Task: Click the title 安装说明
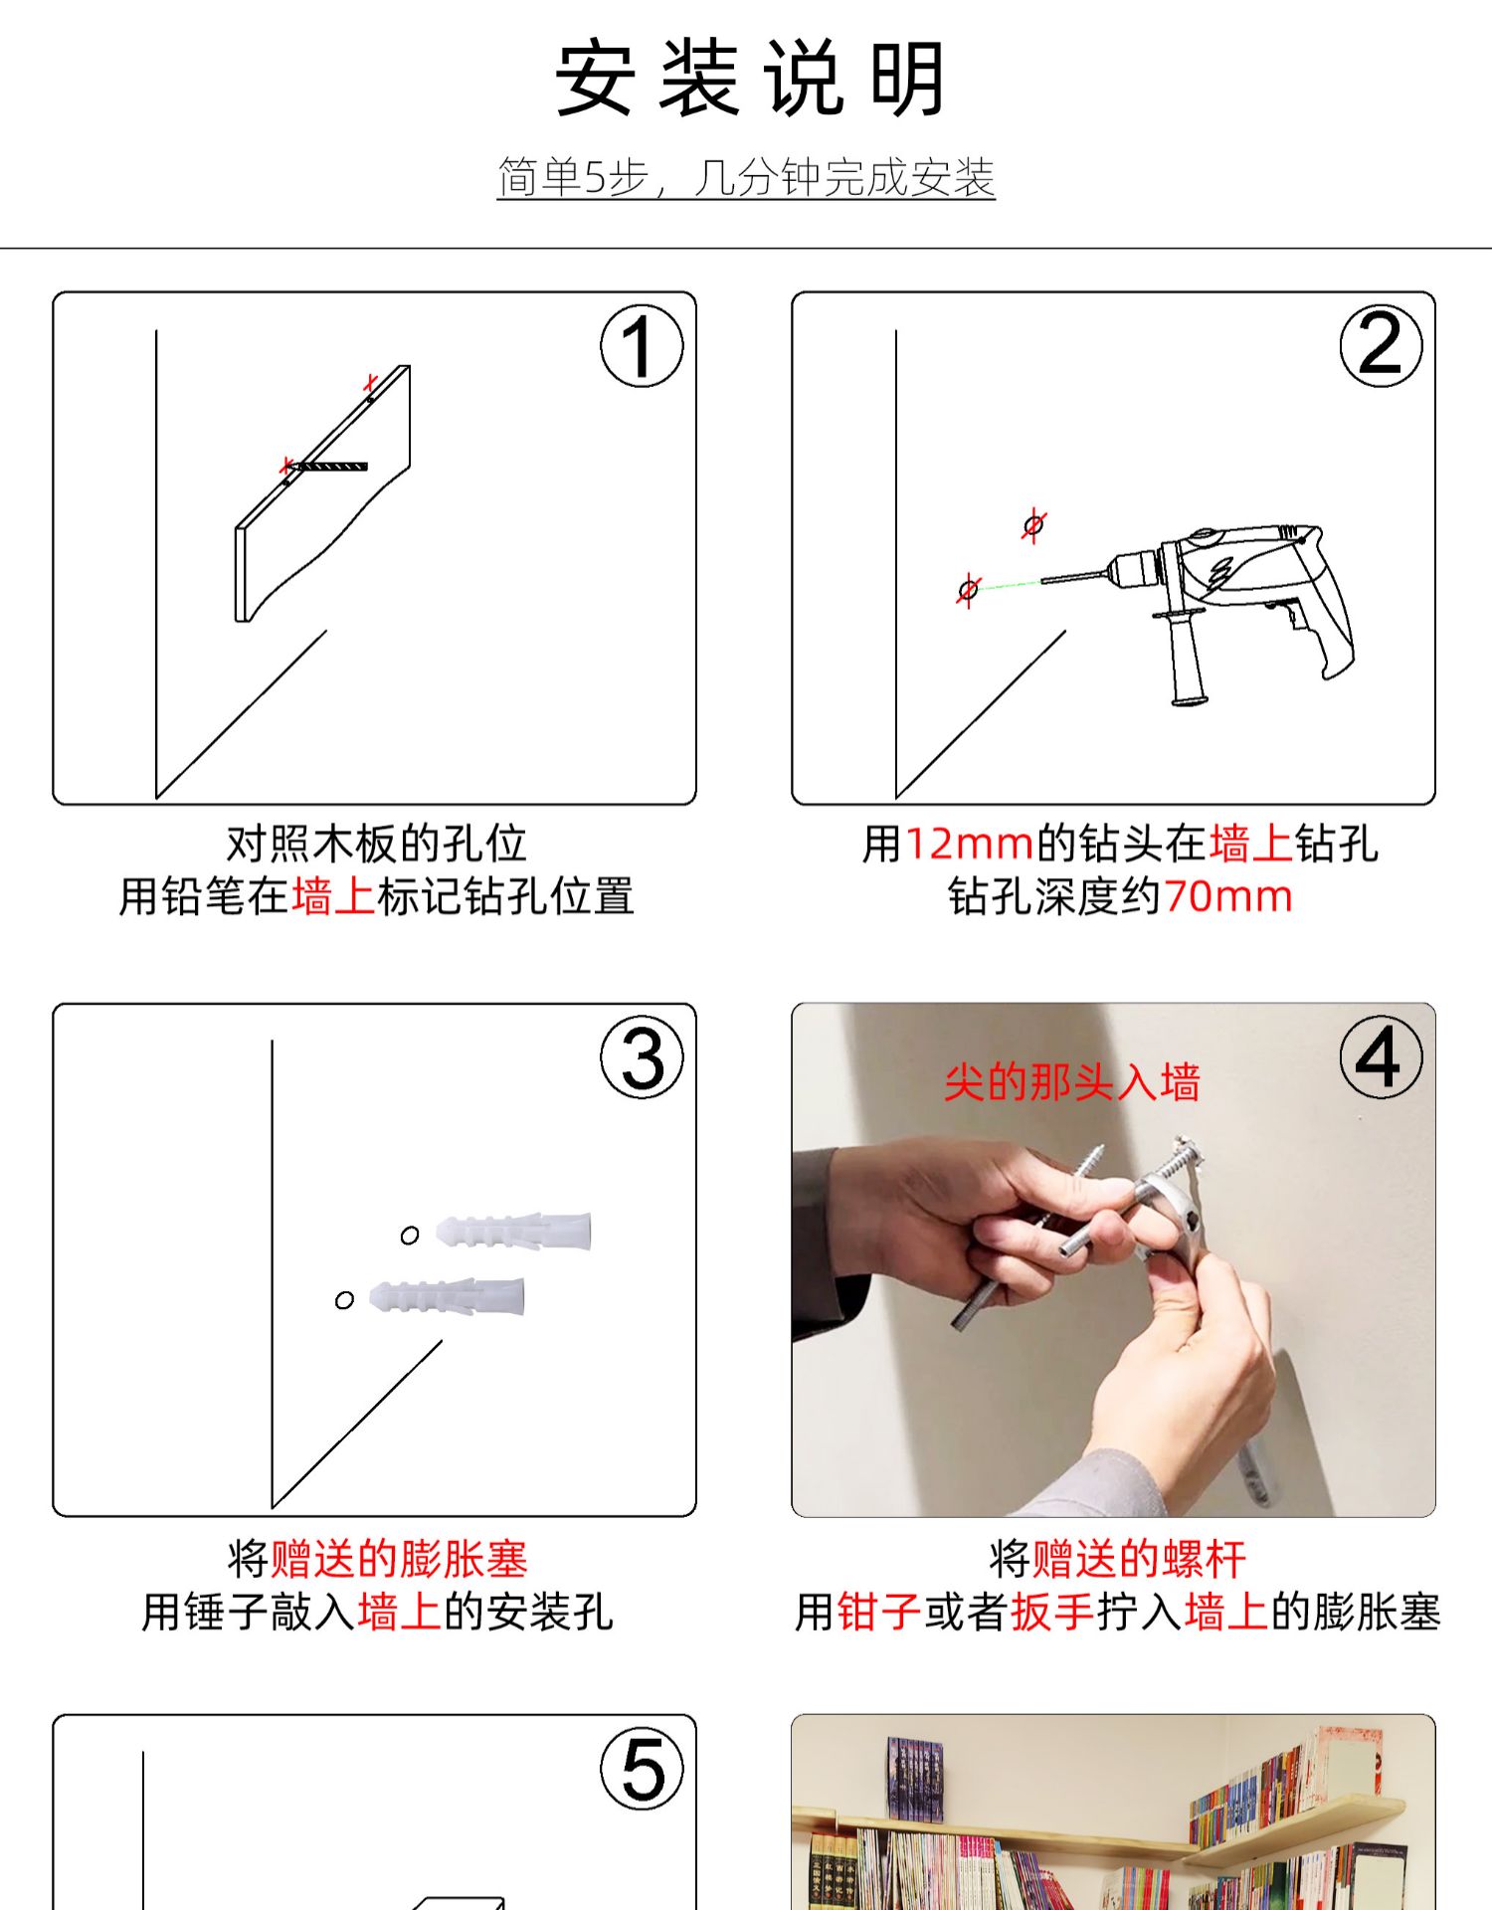[749, 79]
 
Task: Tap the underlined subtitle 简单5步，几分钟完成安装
[746, 178]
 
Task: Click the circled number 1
[642, 346]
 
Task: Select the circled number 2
[1381, 346]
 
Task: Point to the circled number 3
[642, 1057]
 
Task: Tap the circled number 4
[1381, 1057]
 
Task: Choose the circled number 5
[642, 1769]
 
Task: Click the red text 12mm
[970, 845]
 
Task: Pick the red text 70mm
[1228, 897]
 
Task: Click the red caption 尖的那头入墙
[1072, 1082]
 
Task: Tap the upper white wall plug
[514, 1232]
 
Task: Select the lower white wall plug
[447, 1296]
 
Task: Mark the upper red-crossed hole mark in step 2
[1033, 524]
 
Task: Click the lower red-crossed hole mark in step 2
[968, 590]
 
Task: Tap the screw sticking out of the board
[328, 466]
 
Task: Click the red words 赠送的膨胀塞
[399, 1559]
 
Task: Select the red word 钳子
[879, 1612]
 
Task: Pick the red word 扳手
[1052, 1612]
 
